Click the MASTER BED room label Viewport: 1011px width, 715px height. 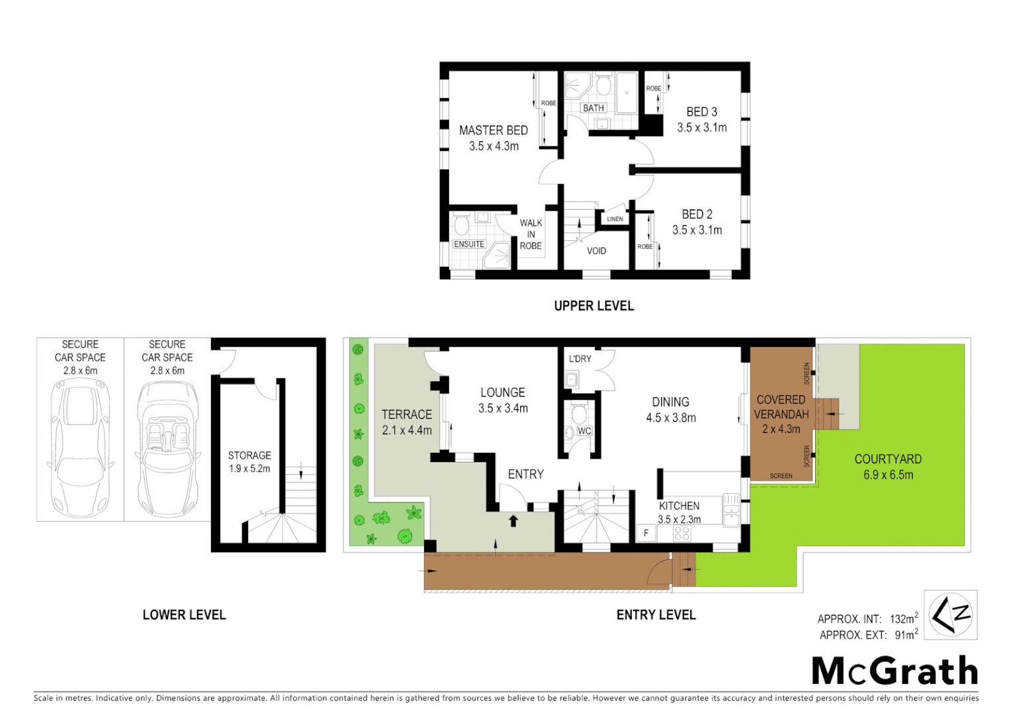(x=493, y=130)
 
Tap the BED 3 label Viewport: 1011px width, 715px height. (x=701, y=112)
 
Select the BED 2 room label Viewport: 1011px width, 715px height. (x=697, y=215)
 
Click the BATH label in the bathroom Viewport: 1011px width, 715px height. (x=593, y=108)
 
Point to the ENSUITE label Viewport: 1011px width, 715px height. (x=469, y=244)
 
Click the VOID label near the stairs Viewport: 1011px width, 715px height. (x=596, y=251)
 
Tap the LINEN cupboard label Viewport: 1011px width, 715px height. (x=615, y=218)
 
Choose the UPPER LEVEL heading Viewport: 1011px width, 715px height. (x=593, y=306)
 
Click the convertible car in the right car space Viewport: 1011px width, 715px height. (x=167, y=450)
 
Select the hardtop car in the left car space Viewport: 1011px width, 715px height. (x=80, y=450)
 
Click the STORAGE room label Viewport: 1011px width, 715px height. (x=249, y=455)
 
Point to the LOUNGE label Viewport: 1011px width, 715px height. (x=502, y=393)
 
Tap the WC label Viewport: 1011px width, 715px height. (x=584, y=431)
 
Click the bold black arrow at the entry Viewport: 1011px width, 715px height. (x=513, y=521)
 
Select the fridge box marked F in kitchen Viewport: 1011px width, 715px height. (x=646, y=533)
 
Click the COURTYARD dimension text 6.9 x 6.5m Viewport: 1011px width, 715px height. (x=888, y=475)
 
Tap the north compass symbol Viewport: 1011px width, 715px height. (x=950, y=615)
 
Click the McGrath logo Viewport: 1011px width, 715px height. (x=895, y=671)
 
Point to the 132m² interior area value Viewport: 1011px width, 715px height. (x=903, y=619)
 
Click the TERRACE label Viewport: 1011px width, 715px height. (x=406, y=414)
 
